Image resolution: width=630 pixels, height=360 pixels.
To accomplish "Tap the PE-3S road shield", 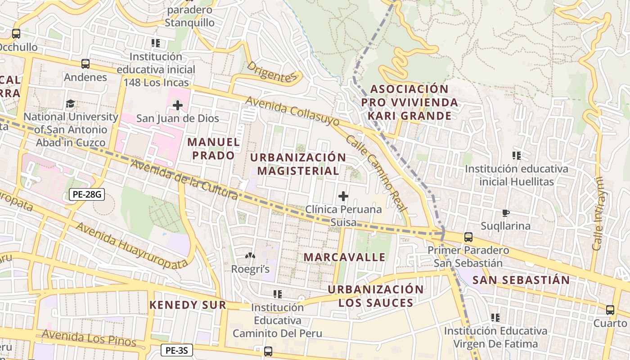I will pos(177,350).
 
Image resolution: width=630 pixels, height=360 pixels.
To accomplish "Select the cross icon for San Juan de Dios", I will pos(178,106).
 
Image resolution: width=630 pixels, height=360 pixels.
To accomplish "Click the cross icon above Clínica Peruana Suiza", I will pos(343,196).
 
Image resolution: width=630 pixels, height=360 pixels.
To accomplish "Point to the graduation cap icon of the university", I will pos(70,104).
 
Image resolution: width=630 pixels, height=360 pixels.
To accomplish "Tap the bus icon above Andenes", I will pos(85,64).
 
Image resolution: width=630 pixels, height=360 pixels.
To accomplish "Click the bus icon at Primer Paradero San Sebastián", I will pos(468,237).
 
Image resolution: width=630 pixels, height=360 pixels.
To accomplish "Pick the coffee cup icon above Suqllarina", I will pos(505,213).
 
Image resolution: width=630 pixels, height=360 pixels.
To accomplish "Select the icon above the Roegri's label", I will pos(250,256).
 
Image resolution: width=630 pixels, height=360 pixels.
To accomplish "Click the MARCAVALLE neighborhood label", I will pos(344,257).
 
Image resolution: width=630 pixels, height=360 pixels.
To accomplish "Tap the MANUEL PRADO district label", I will pos(213,148).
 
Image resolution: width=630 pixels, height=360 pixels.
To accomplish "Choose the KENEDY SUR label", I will pos(188,305).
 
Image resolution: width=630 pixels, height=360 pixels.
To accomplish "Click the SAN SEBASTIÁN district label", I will pos(521,280).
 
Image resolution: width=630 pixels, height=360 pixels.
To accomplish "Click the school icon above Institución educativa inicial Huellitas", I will pos(517,156).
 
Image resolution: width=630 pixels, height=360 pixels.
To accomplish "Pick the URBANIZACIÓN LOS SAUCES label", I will pos(375,296).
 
